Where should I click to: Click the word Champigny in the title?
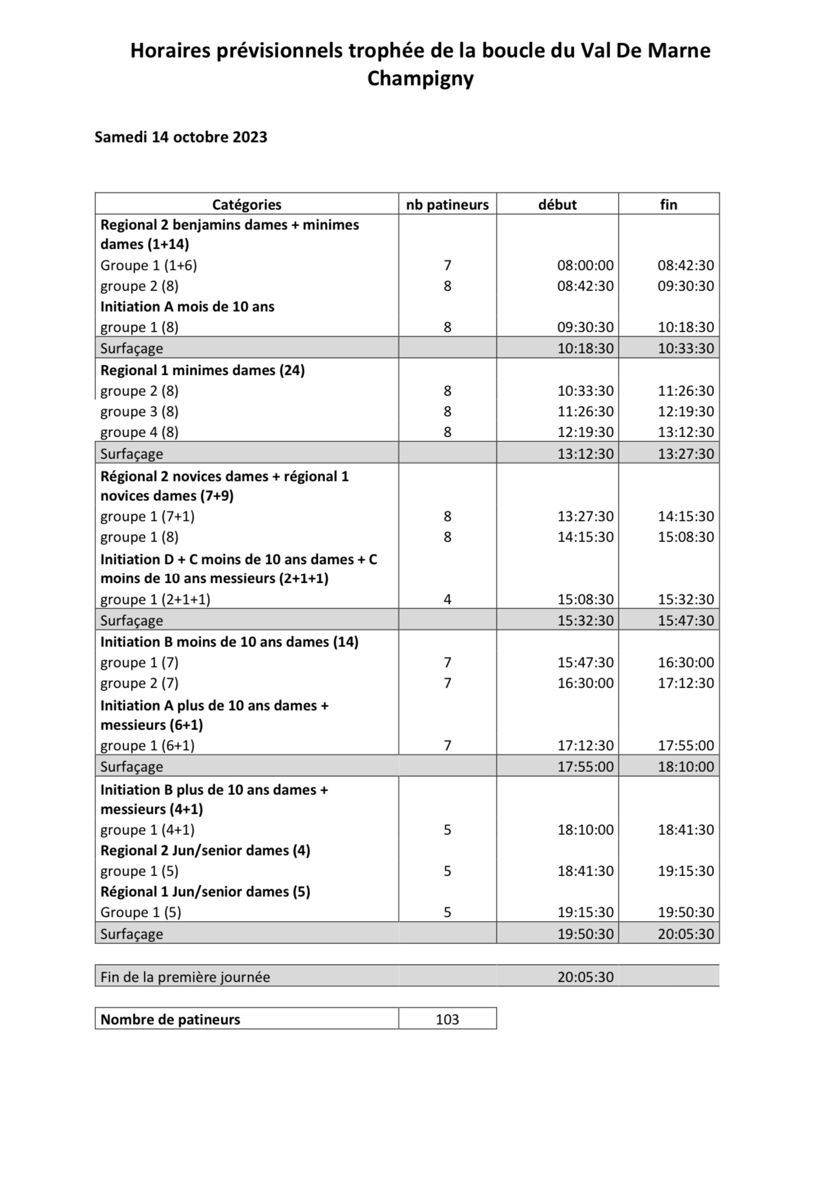[x=420, y=79]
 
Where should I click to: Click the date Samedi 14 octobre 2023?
[x=181, y=137]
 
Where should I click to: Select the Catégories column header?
[x=247, y=204]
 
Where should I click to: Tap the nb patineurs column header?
[x=447, y=204]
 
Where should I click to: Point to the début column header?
[x=557, y=204]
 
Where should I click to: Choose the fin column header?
[x=668, y=204]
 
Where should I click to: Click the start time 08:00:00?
[x=585, y=265]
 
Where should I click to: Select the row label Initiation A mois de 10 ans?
[x=187, y=307]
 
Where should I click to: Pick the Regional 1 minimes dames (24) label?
[x=203, y=370]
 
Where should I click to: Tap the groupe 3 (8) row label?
[x=139, y=412]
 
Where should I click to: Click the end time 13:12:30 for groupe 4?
[x=686, y=432]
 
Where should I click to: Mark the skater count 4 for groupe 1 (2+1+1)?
[x=448, y=600]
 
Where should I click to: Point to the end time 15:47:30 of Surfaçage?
[x=686, y=621]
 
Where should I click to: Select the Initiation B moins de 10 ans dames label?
[x=229, y=642]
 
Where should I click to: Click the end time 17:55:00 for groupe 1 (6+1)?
[x=686, y=746]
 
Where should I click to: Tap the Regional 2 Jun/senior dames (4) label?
[x=205, y=851]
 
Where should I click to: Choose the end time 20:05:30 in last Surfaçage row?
[x=686, y=934]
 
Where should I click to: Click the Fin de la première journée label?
[x=185, y=977]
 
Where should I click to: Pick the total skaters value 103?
[x=448, y=1020]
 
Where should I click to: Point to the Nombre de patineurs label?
[x=170, y=1020]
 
